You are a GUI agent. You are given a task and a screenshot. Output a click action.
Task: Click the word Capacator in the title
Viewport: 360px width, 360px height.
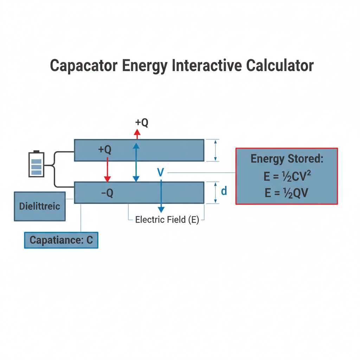pyautogui.click(x=84, y=66)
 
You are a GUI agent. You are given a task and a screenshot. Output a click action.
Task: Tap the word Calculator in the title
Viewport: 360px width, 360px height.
pyautogui.click(x=280, y=66)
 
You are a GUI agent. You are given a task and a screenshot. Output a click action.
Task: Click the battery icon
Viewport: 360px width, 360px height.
pyautogui.click(x=36, y=164)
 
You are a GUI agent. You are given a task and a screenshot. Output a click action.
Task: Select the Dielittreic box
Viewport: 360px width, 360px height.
pyautogui.click(x=40, y=206)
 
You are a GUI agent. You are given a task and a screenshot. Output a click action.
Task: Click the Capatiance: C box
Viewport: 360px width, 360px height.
pyautogui.click(x=61, y=240)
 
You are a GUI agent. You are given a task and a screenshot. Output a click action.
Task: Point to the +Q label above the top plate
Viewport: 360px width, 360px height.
pyautogui.click(x=142, y=122)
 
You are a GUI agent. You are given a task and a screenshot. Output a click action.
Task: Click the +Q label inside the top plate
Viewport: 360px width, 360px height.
pyautogui.click(x=105, y=149)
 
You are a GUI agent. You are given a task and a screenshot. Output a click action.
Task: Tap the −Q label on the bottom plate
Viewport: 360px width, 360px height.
pyautogui.click(x=107, y=193)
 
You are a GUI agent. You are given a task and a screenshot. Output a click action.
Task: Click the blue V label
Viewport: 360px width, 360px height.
pyautogui.click(x=160, y=172)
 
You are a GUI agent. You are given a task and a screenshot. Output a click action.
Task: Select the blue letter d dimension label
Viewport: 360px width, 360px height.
pyautogui.click(x=224, y=191)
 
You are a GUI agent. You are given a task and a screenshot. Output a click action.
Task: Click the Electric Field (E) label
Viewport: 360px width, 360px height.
pyautogui.click(x=167, y=220)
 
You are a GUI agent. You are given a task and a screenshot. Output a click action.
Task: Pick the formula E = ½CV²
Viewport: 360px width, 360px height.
pyautogui.click(x=287, y=176)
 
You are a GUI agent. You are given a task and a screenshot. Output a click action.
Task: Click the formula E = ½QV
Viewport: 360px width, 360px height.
pyautogui.click(x=286, y=193)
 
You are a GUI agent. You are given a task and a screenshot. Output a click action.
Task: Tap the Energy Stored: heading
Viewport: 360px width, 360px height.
pyautogui.click(x=287, y=159)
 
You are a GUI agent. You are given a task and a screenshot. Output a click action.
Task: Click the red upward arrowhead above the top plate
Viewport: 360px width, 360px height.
pyautogui.click(x=137, y=132)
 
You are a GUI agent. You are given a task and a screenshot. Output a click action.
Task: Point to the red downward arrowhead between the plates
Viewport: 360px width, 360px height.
pyautogui.click(x=108, y=179)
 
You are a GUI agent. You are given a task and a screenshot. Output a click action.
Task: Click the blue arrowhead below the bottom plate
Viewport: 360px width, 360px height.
pyautogui.click(x=161, y=210)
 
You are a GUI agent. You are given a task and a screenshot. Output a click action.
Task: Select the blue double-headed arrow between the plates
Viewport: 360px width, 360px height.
pyautogui.click(x=136, y=162)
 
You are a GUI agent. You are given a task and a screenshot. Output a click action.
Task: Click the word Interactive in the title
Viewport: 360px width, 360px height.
pyautogui.click(x=207, y=66)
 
